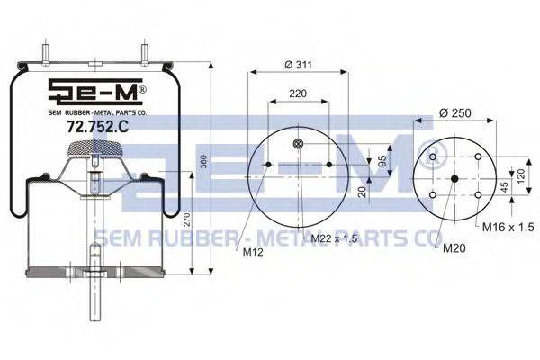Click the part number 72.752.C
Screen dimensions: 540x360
point(97,127)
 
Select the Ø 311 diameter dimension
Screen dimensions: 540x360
point(299,65)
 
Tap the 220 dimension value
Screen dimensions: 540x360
point(298,94)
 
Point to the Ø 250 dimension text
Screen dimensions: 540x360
point(455,113)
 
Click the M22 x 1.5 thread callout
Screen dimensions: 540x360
point(334,238)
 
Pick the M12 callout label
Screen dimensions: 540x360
point(253,252)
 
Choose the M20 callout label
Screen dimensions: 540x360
point(454,248)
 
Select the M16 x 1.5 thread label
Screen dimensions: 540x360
point(508,227)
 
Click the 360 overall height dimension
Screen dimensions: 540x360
point(203,162)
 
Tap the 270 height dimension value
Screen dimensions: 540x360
point(186,220)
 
